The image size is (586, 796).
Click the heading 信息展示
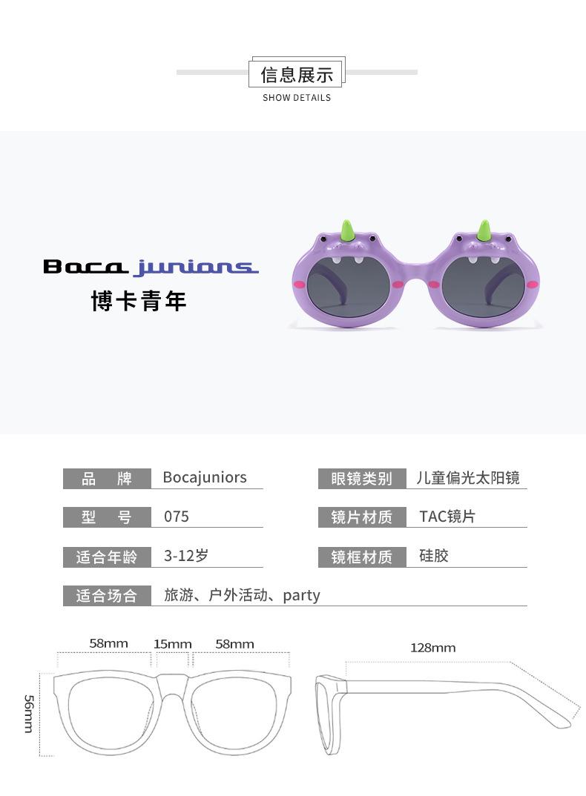click(x=297, y=74)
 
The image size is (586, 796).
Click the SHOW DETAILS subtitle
click(x=297, y=98)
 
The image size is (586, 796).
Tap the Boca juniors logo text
click(x=151, y=267)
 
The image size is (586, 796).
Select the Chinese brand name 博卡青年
click(x=139, y=302)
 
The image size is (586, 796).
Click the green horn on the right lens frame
click(x=485, y=230)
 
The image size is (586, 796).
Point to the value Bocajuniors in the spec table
click(x=205, y=477)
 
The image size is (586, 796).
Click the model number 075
click(x=177, y=517)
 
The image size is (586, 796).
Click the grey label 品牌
click(x=107, y=479)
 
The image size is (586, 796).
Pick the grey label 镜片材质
click(x=361, y=517)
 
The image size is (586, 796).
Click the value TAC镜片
click(x=447, y=517)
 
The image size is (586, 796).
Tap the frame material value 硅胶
click(x=434, y=556)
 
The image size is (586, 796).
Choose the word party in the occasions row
click(x=301, y=595)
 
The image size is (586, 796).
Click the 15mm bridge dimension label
click(x=173, y=644)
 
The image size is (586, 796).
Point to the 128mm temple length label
click(x=433, y=648)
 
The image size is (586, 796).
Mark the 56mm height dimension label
click(x=29, y=714)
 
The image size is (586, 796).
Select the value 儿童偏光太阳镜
click(x=468, y=478)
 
